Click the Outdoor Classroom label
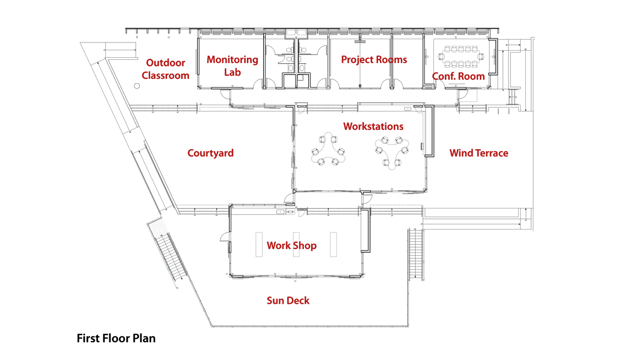pyautogui.click(x=166, y=69)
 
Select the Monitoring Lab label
pyautogui.click(x=233, y=66)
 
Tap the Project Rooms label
pyautogui.click(x=374, y=60)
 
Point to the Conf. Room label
pyautogui.click(x=458, y=76)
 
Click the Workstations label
pyautogui.click(x=373, y=127)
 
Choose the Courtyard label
pyautogui.click(x=211, y=153)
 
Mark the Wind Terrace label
pyautogui.click(x=478, y=153)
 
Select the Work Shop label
pyautogui.click(x=291, y=246)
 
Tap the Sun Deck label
pyautogui.click(x=288, y=301)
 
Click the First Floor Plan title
pyautogui.click(x=116, y=338)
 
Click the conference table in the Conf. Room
pyautogui.click(x=462, y=56)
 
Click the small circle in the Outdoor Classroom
pyautogui.click(x=136, y=87)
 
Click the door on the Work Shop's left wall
pyautogui.click(x=223, y=237)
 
